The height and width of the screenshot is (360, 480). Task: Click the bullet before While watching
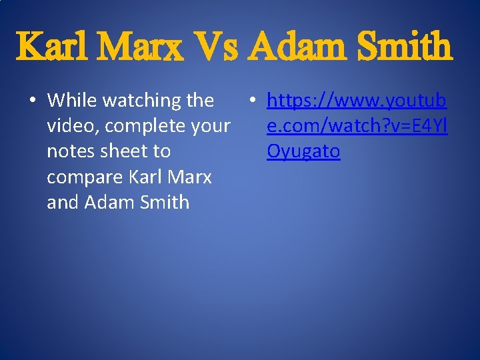[x=32, y=101]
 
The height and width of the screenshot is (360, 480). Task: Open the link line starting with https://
[x=357, y=101]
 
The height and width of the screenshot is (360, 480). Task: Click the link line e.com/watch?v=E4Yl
[x=357, y=126]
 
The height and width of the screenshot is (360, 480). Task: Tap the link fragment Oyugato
[x=303, y=152]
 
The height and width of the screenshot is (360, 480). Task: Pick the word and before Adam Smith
[x=63, y=202]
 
